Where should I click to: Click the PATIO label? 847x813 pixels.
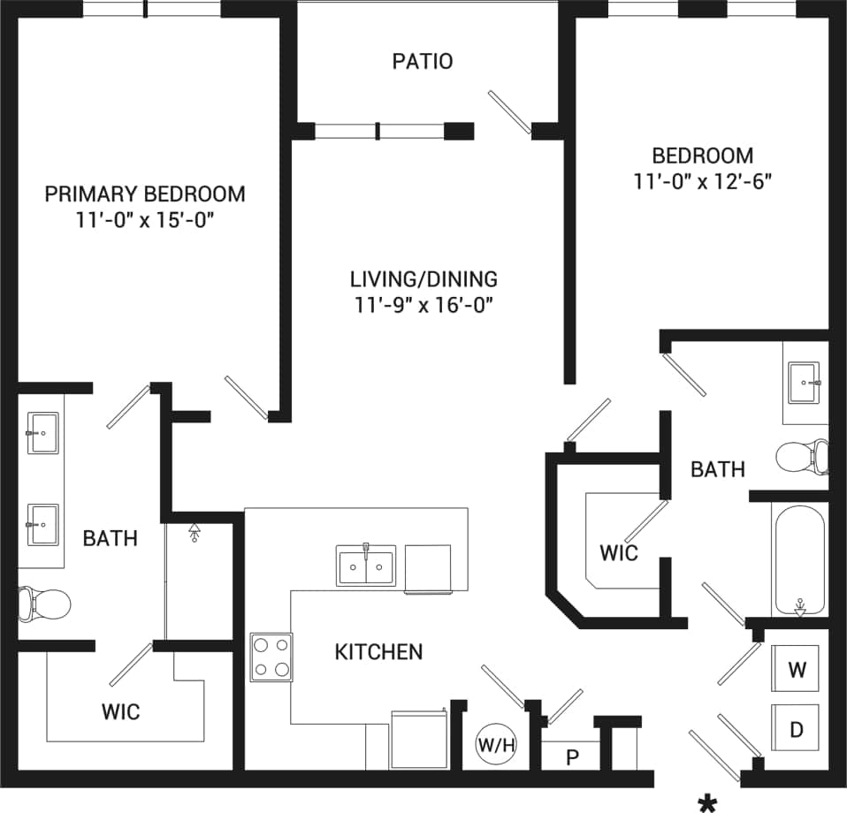click(423, 62)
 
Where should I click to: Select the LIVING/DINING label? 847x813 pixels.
click(423, 279)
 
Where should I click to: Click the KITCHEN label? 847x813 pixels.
click(378, 652)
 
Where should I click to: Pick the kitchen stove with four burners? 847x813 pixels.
click(271, 657)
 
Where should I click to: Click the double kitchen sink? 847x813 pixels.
click(365, 566)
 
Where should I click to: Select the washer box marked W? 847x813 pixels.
click(797, 669)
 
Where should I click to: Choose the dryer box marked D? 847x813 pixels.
click(797, 729)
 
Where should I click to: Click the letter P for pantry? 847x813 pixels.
click(572, 756)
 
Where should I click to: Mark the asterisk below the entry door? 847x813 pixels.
click(707, 802)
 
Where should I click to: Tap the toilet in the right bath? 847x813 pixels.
click(802, 457)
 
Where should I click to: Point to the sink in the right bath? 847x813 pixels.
click(805, 383)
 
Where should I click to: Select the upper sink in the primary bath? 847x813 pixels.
click(42, 433)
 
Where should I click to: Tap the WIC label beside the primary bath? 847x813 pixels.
click(121, 711)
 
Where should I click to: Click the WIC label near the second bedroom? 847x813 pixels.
click(619, 554)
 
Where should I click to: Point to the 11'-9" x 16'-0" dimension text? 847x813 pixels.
click(423, 306)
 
